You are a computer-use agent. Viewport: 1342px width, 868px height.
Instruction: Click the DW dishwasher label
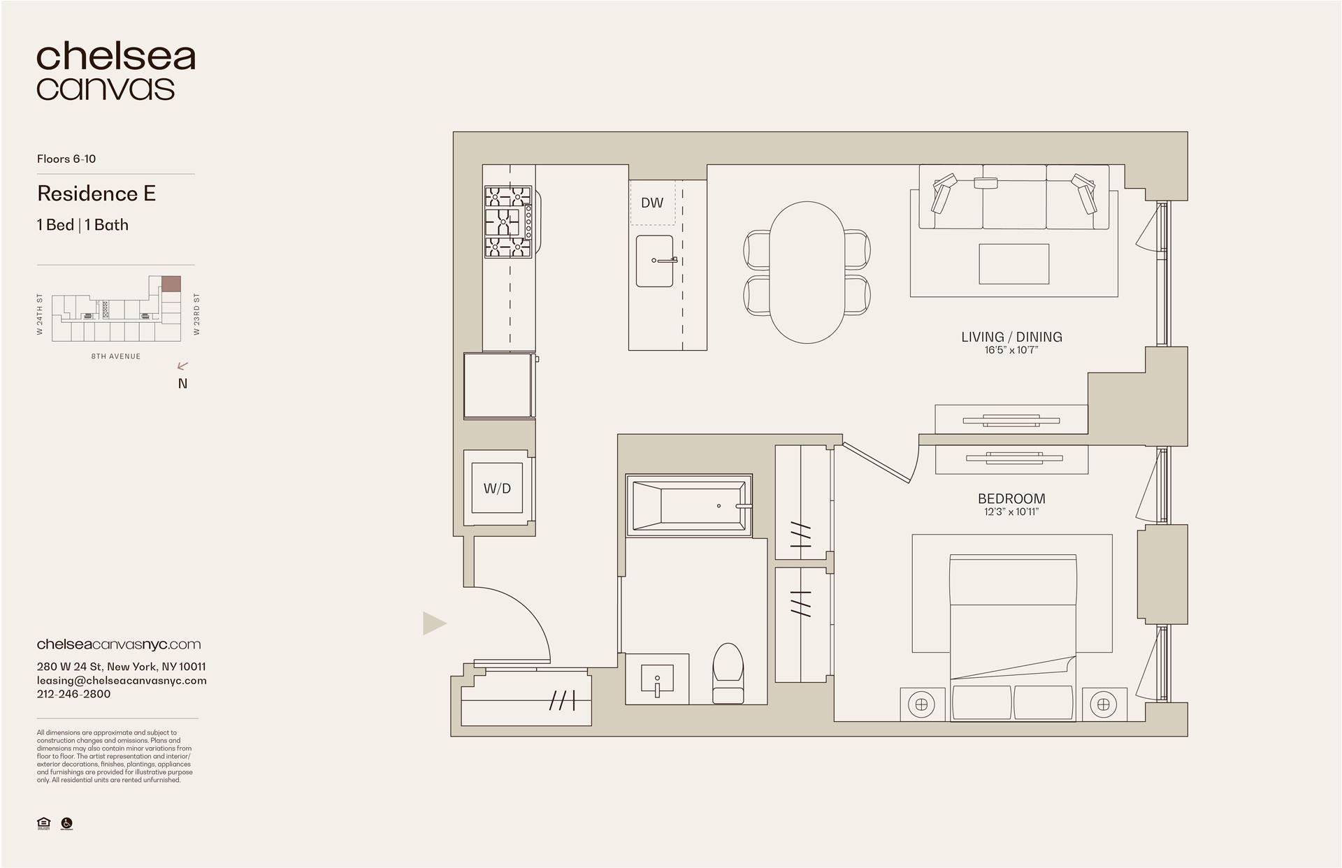tap(652, 203)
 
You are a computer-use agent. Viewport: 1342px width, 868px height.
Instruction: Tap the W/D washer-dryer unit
tap(497, 489)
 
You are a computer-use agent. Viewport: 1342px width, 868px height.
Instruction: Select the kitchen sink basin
tap(654, 261)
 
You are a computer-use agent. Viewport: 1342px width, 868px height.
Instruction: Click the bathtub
tap(688, 505)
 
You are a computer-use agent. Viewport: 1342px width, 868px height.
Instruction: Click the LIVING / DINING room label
tap(1011, 337)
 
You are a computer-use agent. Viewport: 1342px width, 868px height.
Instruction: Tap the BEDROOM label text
tap(1011, 498)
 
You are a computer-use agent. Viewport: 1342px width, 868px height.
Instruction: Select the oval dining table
tap(807, 272)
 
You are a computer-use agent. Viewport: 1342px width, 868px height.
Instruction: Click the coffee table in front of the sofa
tap(1013, 263)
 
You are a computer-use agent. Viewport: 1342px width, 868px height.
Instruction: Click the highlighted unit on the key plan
tap(171, 284)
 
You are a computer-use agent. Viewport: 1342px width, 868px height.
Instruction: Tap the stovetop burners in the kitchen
tap(508, 221)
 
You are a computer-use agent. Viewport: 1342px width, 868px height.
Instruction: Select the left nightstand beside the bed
tap(921, 704)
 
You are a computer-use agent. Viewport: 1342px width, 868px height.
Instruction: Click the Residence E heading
tap(96, 194)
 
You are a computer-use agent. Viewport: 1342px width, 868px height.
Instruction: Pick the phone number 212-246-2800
tap(73, 694)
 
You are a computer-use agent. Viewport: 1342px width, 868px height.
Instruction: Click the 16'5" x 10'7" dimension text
tap(1011, 350)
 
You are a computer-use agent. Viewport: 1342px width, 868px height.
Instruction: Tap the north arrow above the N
tap(183, 366)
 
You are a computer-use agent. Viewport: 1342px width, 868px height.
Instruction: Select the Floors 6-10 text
tap(66, 159)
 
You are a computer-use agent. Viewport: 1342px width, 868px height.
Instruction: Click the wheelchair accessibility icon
tap(67, 824)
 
